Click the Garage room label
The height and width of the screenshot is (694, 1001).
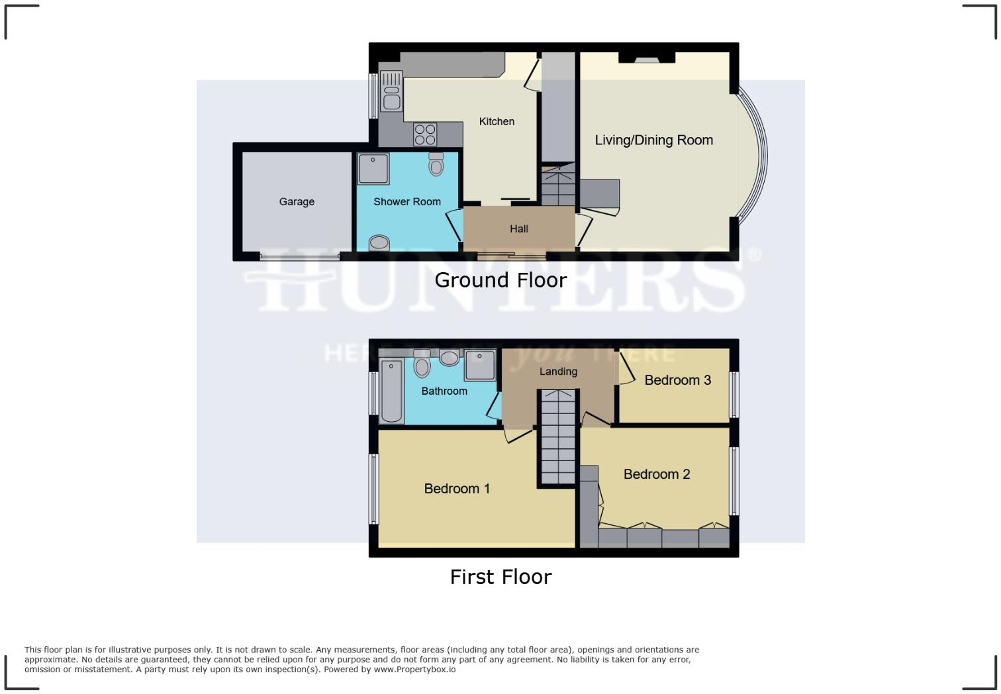[297, 202]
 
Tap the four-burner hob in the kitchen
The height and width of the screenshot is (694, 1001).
[425, 134]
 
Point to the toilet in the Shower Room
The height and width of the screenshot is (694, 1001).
[436, 164]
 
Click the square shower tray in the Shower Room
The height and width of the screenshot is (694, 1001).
[373, 169]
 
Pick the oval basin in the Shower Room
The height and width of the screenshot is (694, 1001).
[379, 243]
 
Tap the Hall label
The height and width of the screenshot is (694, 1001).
[519, 229]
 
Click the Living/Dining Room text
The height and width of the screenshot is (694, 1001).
[653, 140]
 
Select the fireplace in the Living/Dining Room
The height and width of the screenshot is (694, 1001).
[647, 59]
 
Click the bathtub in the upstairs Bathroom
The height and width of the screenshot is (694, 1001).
[392, 391]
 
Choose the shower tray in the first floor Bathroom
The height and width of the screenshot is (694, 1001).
[479, 366]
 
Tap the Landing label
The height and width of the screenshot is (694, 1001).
[558, 372]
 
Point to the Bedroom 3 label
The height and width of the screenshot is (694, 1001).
[677, 380]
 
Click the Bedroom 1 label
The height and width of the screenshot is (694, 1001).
[457, 489]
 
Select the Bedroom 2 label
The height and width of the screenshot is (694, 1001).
[657, 474]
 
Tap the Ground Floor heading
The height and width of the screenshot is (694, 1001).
[501, 280]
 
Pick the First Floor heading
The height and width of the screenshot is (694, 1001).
[501, 577]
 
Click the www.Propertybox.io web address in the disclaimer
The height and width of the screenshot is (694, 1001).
[414, 669]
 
